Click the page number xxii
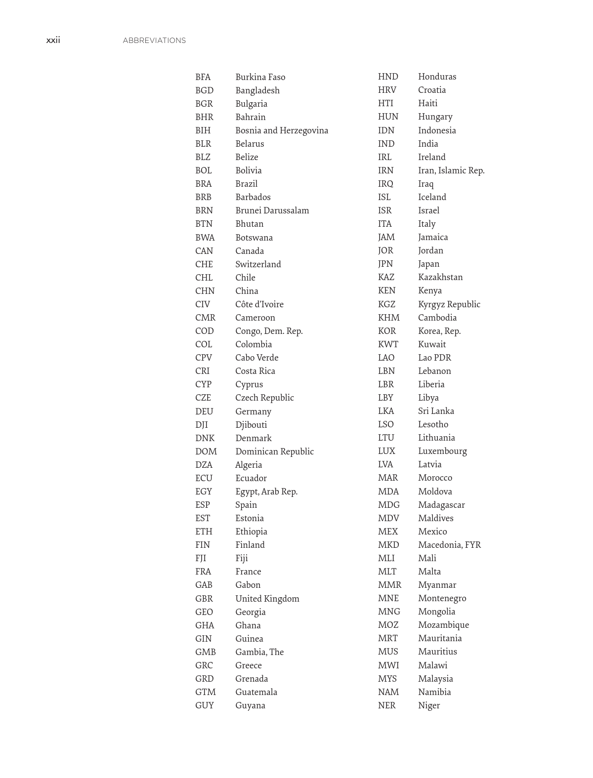(x=53, y=41)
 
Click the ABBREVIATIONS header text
(x=154, y=41)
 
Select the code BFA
(x=203, y=77)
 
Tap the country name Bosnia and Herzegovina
(x=282, y=130)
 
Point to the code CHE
(x=204, y=264)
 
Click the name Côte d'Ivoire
(x=259, y=304)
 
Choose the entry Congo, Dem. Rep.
(x=269, y=331)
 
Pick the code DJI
(x=201, y=425)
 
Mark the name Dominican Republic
(x=274, y=451)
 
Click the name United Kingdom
(x=267, y=599)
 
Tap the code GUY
(x=205, y=705)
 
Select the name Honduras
(x=437, y=77)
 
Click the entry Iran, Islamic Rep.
(x=451, y=170)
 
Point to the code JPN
(x=385, y=264)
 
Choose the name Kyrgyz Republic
(x=449, y=304)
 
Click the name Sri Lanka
(x=436, y=411)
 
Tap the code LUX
(x=386, y=451)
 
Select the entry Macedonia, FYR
(x=449, y=545)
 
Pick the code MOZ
(x=388, y=625)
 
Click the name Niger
(x=429, y=705)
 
